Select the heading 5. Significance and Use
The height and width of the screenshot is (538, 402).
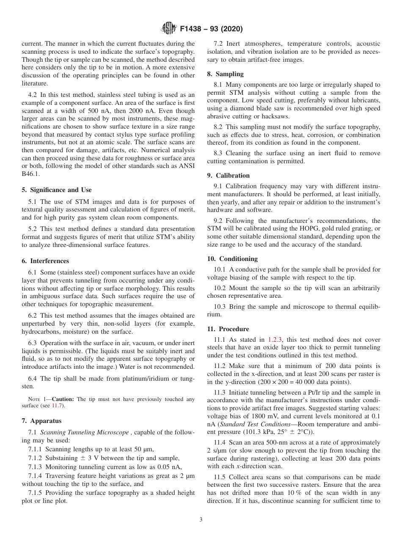pos(57,190)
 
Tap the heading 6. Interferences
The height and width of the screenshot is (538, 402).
pos(45,261)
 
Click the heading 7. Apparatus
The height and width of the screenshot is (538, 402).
pos(41,421)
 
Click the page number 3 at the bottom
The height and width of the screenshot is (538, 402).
pos(201,520)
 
